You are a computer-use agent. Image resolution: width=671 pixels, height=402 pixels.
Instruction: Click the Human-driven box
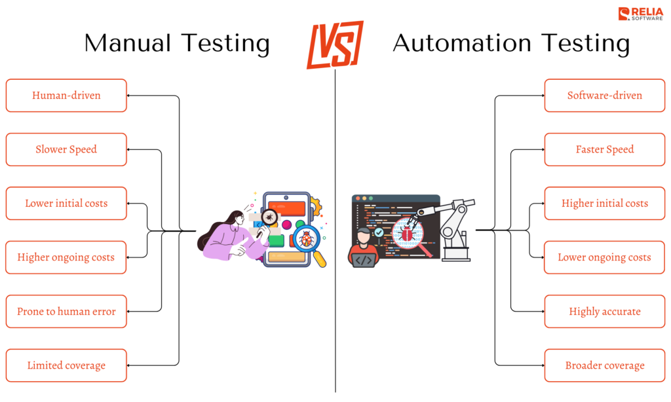66,96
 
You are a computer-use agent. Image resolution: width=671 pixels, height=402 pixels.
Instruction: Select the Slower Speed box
66,149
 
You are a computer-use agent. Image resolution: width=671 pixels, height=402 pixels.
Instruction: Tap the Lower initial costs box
66,204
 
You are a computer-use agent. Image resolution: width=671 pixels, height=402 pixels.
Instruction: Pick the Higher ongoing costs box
66,257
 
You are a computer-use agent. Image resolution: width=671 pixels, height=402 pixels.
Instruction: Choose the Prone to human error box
66,312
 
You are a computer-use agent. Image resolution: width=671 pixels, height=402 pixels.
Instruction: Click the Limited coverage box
66,365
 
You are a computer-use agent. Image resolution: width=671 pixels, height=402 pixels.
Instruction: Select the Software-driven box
604,96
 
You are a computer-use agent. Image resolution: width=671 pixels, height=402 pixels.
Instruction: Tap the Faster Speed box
604,149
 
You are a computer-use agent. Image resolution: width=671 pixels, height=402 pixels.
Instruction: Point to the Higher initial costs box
604,204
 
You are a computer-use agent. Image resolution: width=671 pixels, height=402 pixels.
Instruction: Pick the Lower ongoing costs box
604,257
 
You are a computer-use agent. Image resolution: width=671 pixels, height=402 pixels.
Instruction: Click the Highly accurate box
604,312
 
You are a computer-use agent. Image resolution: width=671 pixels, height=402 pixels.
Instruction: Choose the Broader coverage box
604,365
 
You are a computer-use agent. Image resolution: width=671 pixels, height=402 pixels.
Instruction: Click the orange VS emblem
335,44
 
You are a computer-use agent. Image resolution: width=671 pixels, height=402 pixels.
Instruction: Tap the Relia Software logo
641,14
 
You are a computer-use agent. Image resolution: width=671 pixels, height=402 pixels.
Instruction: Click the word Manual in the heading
128,44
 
